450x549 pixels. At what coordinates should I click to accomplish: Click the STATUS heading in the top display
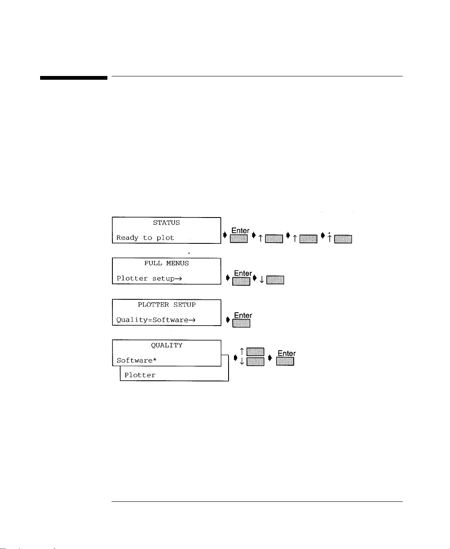[x=166, y=223]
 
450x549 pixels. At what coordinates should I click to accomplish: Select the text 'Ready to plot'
[x=145, y=238]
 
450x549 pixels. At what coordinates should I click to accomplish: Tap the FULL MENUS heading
[x=166, y=263]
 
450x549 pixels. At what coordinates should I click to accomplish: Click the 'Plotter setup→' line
[x=149, y=278]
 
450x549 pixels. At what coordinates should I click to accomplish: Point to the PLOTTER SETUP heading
[x=166, y=305]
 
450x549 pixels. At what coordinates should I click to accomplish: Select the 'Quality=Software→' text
[x=156, y=320]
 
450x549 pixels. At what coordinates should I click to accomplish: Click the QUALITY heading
[x=166, y=346]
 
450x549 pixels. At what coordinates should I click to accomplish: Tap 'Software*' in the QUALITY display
[x=136, y=361]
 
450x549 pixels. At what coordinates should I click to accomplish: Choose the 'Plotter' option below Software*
[x=140, y=375]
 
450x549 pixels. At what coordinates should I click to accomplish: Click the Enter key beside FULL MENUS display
[x=241, y=281]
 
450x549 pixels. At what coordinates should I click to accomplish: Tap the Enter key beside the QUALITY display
[x=285, y=361]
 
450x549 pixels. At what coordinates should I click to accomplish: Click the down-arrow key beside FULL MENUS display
[x=275, y=280]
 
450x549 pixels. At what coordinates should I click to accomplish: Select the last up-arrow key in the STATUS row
[x=343, y=239]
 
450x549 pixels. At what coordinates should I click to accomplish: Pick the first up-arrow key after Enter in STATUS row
[x=274, y=239]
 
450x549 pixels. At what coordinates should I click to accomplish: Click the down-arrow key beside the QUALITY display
[x=255, y=362]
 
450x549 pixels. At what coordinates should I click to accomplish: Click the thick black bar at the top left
[x=74, y=78]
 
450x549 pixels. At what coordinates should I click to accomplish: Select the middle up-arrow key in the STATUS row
[x=308, y=239]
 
